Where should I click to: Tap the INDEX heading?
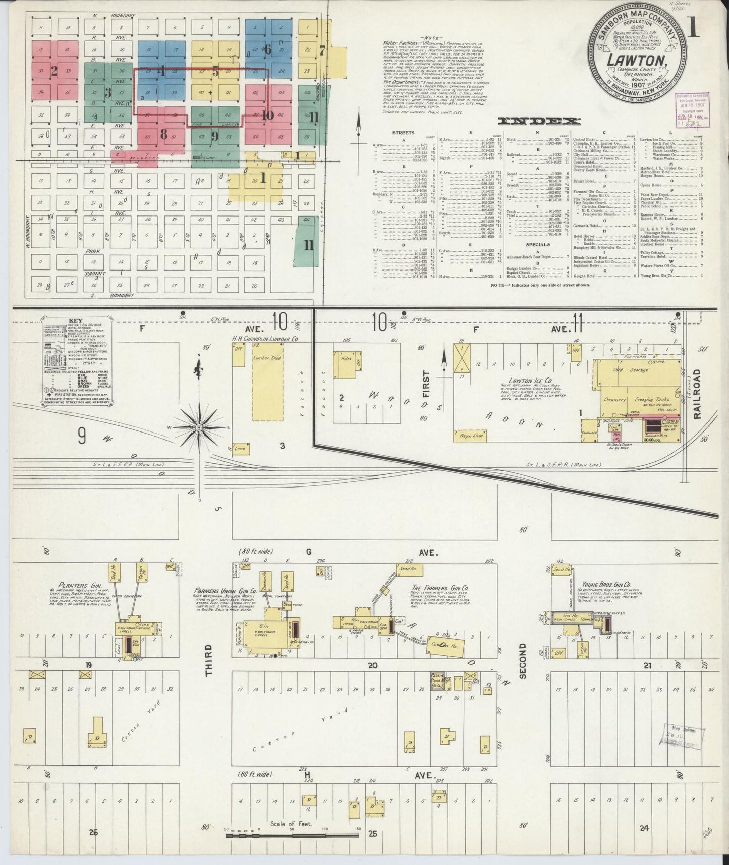tap(538, 121)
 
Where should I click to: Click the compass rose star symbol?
tap(199, 427)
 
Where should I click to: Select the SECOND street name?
tap(523, 661)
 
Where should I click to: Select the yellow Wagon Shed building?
tap(471, 435)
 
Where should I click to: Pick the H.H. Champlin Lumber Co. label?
tap(265, 339)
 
